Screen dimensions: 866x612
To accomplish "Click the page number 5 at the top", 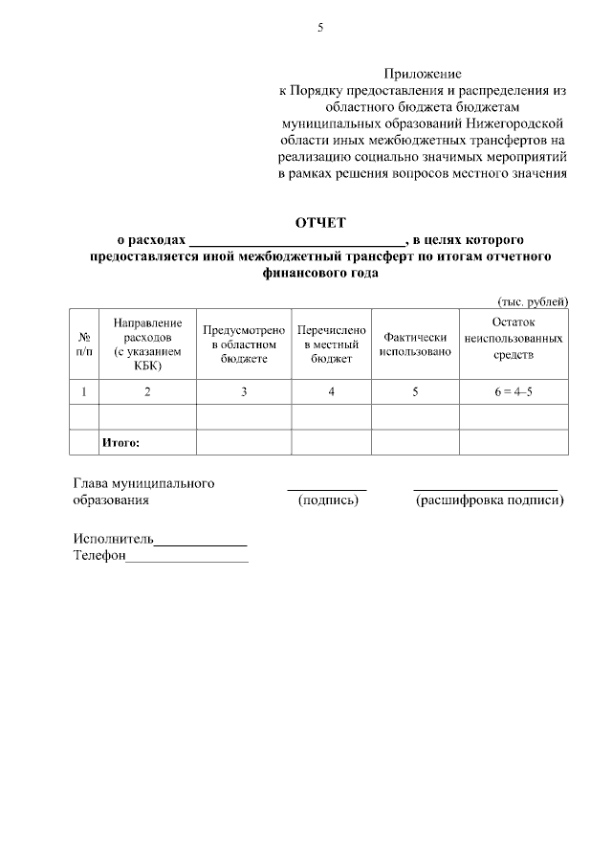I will click(320, 28).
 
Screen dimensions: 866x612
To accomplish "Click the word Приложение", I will click(423, 73).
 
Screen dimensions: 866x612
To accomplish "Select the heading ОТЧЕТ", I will click(320, 223).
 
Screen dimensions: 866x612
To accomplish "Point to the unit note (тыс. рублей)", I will click(533, 300).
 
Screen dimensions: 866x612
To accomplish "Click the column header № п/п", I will click(84, 344).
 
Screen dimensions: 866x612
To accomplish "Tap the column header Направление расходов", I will click(147, 344).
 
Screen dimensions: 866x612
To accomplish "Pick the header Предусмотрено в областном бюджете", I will click(244, 344).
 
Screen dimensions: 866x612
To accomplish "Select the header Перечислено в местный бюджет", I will click(331, 344).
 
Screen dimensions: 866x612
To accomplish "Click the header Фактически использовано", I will click(415, 344).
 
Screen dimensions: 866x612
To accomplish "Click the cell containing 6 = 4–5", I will click(514, 391).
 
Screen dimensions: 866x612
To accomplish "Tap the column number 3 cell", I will click(244, 391).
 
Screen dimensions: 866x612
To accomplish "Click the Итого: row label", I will click(120, 442).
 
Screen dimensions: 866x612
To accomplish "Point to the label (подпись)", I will click(328, 500).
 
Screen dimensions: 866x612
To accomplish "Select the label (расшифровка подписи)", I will click(489, 500).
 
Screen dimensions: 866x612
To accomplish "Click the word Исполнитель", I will click(114, 539).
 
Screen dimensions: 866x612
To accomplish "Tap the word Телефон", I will click(99, 555).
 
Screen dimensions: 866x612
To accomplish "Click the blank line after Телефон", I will click(186, 559).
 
